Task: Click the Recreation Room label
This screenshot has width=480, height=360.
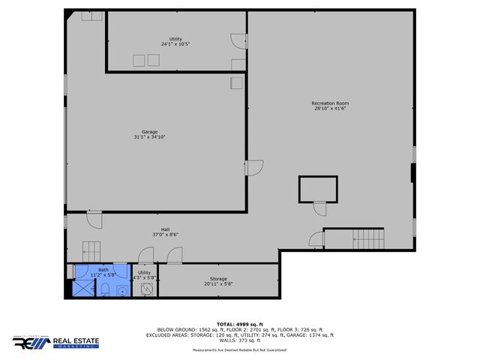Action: point(330,103)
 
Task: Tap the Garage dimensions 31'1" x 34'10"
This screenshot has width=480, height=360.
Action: point(150,137)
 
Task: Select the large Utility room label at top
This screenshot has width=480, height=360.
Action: point(175,38)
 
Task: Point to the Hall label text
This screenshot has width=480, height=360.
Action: point(165,229)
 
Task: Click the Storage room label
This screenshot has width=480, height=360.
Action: point(218,279)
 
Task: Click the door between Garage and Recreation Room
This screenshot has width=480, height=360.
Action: point(254,169)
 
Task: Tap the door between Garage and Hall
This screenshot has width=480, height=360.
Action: point(94,220)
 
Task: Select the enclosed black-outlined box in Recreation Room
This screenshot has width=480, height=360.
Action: point(317,189)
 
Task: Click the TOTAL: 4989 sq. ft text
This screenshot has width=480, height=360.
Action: point(240,324)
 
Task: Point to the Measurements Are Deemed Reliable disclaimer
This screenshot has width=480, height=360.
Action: point(240,350)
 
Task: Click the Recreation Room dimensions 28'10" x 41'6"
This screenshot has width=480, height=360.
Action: point(330,109)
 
